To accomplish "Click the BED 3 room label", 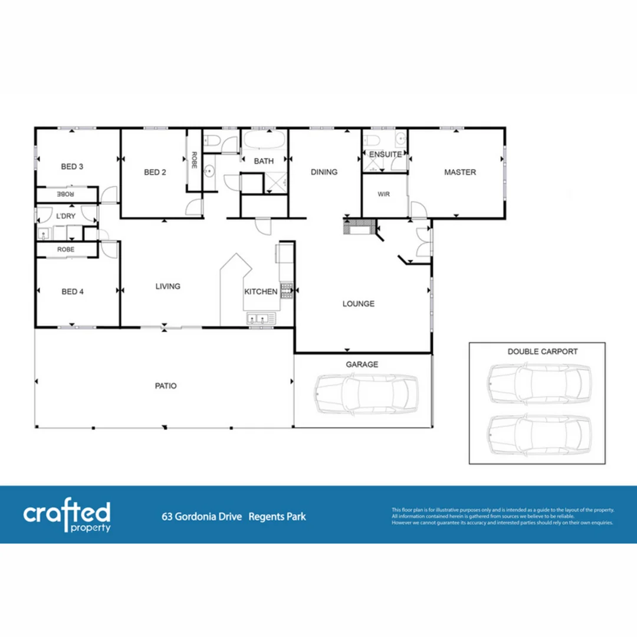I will pyautogui.click(x=72, y=167).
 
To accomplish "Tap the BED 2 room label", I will pyautogui.click(x=155, y=172).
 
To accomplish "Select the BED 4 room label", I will pyautogui.click(x=72, y=291).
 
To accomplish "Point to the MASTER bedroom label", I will pyautogui.click(x=459, y=172).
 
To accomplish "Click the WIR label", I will pyautogui.click(x=384, y=194).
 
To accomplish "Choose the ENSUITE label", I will pyautogui.click(x=385, y=155).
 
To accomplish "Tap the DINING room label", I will pyautogui.click(x=324, y=172).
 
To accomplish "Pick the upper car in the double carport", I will pyautogui.click(x=539, y=383).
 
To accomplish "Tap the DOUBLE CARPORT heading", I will pyautogui.click(x=542, y=352).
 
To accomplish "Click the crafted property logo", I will pyautogui.click(x=67, y=515).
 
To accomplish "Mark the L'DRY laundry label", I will pyautogui.click(x=65, y=216).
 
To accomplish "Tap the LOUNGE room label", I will pyautogui.click(x=359, y=304).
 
